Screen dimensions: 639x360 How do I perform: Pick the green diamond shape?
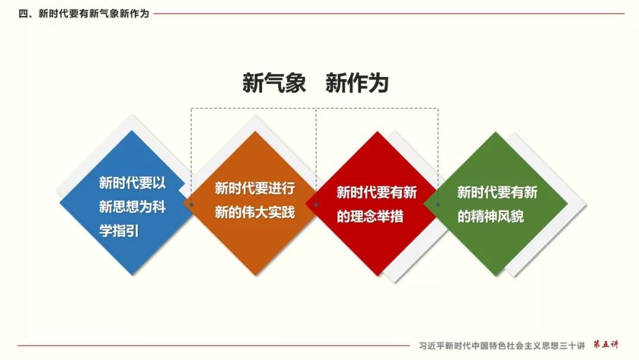(496, 204)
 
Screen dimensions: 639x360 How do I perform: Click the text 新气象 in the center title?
(274, 83)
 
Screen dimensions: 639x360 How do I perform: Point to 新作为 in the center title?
(357, 83)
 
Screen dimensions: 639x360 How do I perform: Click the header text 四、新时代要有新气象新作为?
(83, 14)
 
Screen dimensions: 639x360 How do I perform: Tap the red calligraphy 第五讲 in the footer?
(606, 345)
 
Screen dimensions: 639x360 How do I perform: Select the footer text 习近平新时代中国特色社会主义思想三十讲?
(502, 346)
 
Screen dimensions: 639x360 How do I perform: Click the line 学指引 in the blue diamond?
(119, 231)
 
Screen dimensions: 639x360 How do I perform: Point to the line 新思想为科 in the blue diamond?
(133, 207)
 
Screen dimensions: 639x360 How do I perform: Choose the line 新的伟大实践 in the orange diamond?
(254, 213)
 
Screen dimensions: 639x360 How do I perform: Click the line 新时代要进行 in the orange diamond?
(254, 188)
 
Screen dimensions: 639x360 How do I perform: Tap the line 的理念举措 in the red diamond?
(370, 216)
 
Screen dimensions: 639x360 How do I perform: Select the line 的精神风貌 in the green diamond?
(490, 216)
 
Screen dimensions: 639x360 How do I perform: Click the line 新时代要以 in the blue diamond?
(133, 182)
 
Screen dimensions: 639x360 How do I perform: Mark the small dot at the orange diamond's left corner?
(191, 205)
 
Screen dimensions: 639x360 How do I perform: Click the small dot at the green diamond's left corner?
(438, 205)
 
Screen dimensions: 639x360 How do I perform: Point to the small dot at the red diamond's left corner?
(316, 205)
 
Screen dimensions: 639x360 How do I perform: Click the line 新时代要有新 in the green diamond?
(497, 192)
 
